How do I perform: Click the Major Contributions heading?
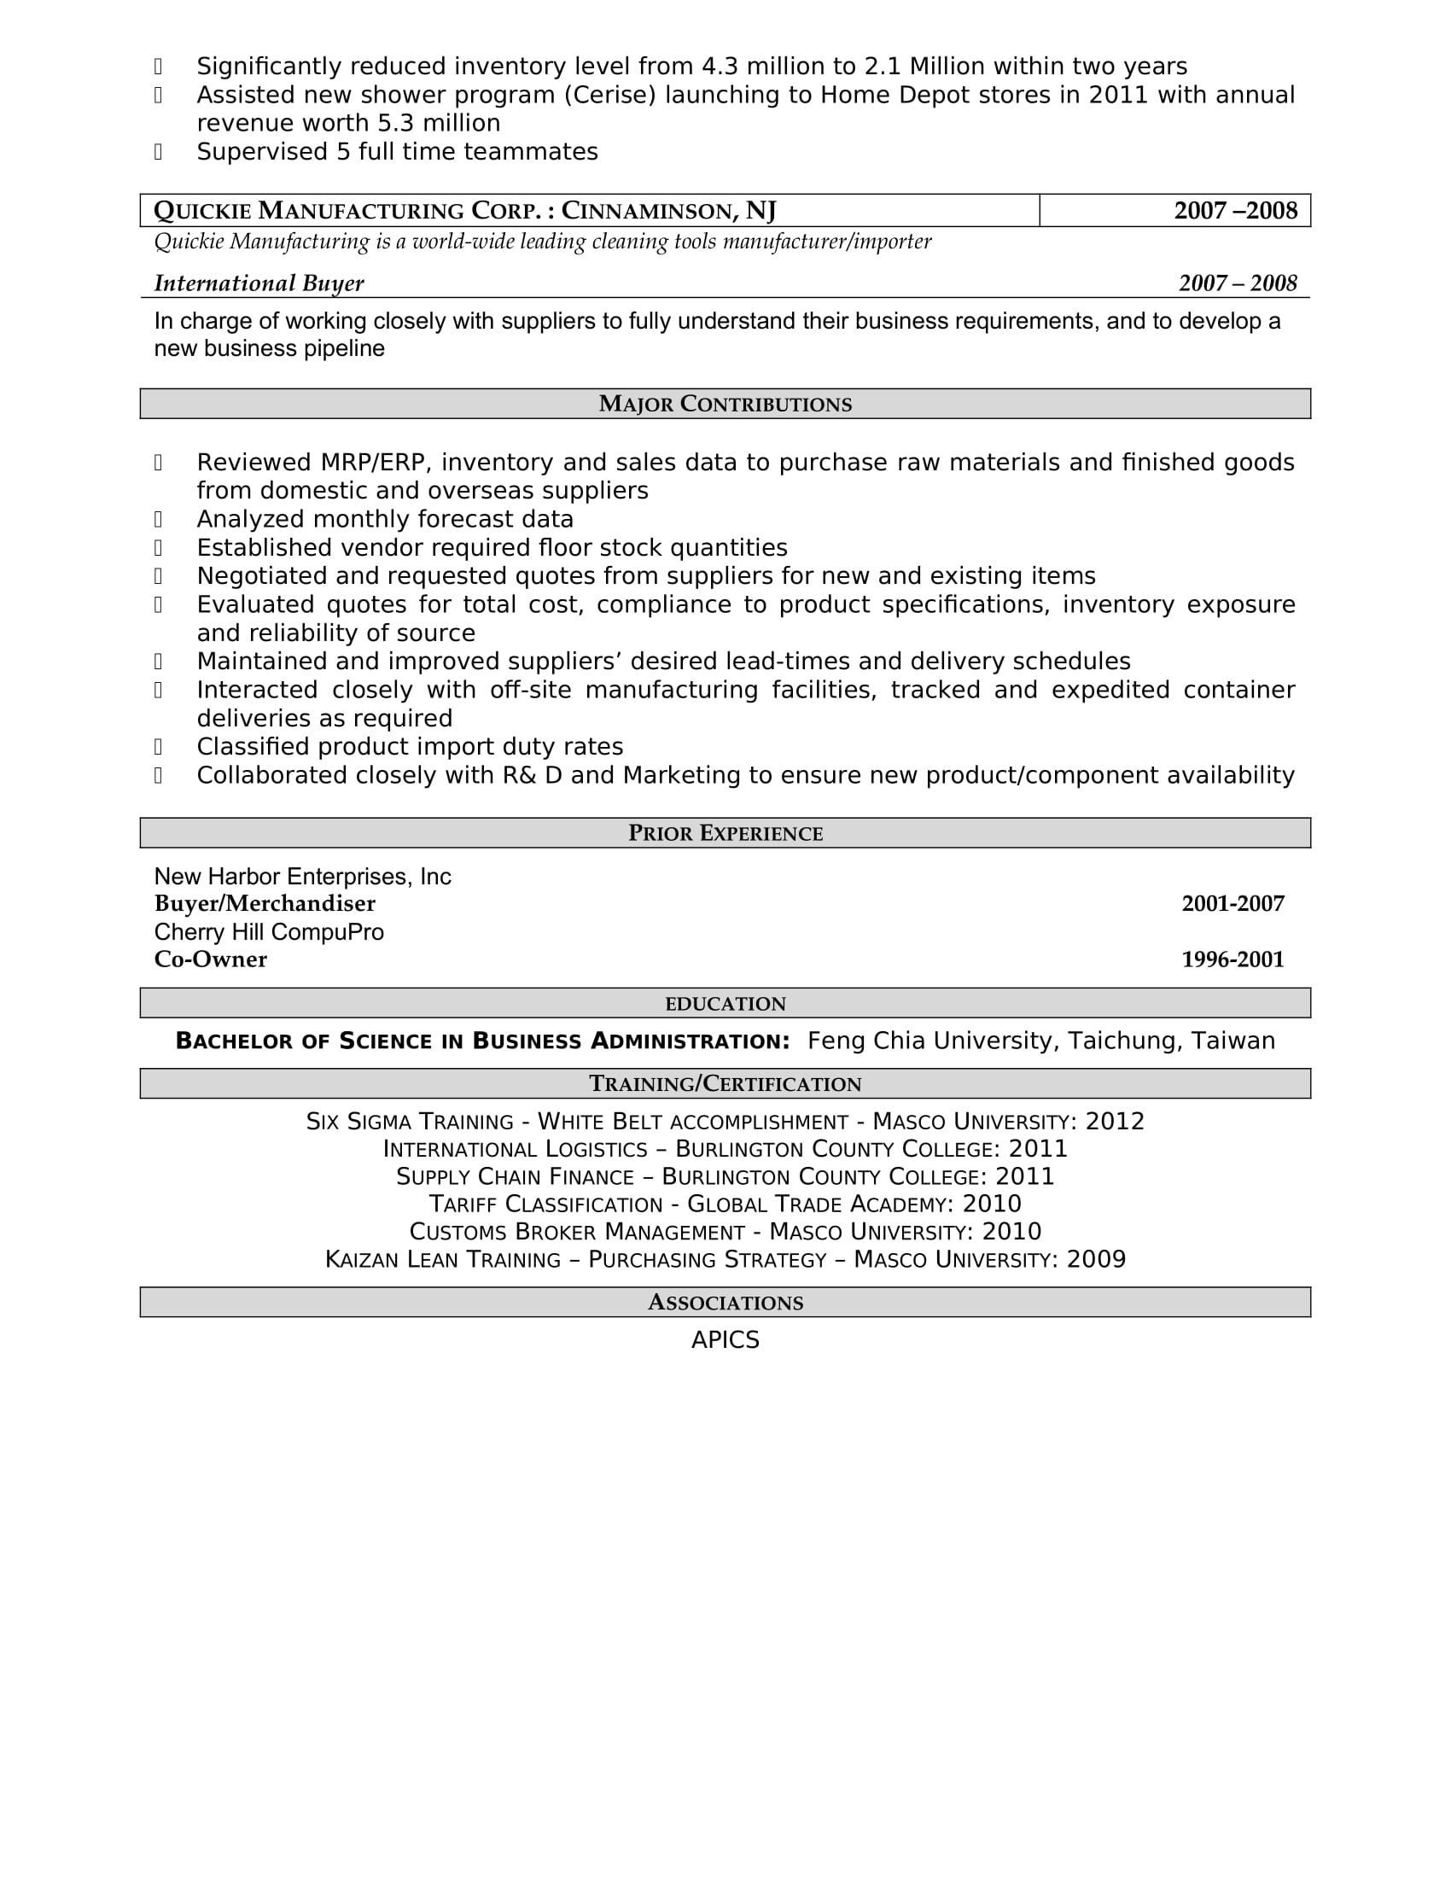click(725, 404)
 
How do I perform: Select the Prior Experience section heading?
click(725, 833)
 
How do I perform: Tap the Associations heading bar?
click(725, 1303)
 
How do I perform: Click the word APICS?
click(725, 1340)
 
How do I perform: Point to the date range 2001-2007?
click(1232, 904)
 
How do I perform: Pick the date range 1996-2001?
click(1232, 959)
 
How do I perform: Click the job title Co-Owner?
click(211, 959)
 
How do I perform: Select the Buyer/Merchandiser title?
click(265, 904)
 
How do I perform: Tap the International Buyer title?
click(259, 283)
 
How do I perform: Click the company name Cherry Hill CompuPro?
click(268, 932)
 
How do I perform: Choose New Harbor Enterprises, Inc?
click(301, 876)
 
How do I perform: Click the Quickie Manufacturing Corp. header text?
click(464, 211)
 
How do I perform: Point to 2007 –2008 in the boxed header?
click(1235, 211)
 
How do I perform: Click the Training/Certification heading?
click(725, 1084)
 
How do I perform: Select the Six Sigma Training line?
click(725, 1123)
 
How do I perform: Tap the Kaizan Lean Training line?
click(725, 1260)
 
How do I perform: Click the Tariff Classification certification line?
click(725, 1204)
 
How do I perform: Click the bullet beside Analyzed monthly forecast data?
click(158, 519)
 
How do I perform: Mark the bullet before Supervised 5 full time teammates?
click(158, 152)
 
